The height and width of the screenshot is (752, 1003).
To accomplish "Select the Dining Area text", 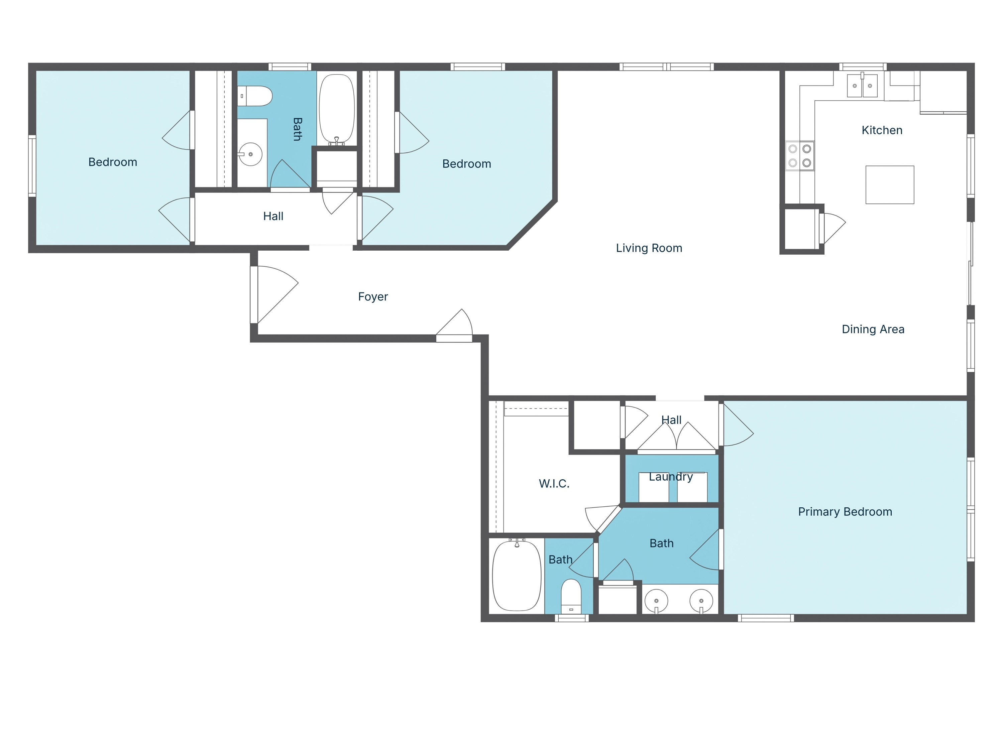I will (x=872, y=329).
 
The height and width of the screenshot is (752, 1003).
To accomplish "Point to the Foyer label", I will (x=373, y=297).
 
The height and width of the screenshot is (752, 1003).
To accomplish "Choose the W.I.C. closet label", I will (x=554, y=484).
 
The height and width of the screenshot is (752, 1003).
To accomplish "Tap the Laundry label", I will (x=671, y=477).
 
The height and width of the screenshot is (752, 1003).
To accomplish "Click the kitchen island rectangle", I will (x=889, y=185).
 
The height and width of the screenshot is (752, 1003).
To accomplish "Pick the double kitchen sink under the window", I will (x=862, y=86).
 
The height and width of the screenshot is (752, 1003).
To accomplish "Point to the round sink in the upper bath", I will (x=250, y=154).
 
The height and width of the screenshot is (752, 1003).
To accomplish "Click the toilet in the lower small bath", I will (x=571, y=596).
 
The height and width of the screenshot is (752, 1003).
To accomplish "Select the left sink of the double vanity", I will (x=656, y=601).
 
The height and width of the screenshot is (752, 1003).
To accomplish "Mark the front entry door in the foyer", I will (x=273, y=295).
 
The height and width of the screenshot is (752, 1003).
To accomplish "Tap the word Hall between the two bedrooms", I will (x=273, y=217).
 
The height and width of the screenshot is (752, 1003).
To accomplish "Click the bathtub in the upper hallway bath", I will (x=336, y=109).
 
